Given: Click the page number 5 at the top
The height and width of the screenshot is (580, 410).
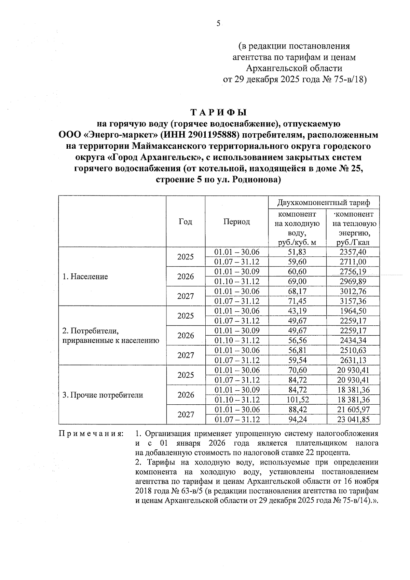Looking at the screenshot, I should point(218,24).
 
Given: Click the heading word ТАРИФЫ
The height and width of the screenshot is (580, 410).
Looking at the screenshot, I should point(218,112).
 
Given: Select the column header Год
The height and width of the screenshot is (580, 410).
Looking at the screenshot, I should point(185,222).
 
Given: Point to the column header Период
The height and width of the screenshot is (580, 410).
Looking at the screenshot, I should point(236,222).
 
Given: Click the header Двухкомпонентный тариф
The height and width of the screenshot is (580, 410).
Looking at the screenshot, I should point(324,203).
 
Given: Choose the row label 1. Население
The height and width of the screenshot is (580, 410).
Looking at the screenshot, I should point(85,276).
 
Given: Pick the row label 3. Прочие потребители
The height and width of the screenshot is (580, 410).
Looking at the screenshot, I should point(102,395).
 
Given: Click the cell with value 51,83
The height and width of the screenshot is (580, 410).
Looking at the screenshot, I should point(297,252).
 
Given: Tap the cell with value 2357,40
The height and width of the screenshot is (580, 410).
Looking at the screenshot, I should point(353,252).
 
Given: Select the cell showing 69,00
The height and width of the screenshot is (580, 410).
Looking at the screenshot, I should point(297,282).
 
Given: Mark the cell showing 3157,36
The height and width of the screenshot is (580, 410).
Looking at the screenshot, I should point(353,301).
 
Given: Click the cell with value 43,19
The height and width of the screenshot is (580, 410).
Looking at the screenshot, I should point(297,311).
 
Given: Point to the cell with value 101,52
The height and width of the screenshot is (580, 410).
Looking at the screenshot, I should point(297,400).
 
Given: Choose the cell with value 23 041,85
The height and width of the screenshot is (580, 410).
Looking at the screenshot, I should point(353,420).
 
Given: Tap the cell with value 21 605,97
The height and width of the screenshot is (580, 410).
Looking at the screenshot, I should point(353,410).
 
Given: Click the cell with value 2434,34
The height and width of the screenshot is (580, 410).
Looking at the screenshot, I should point(353,341).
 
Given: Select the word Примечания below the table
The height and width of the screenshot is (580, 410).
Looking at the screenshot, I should point(91,434).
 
